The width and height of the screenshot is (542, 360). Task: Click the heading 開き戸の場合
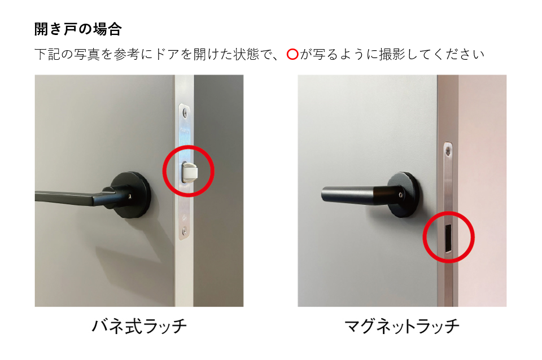tap(78, 29)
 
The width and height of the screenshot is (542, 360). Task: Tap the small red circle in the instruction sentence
tap(292, 54)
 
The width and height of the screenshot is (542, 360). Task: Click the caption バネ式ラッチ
tap(139, 326)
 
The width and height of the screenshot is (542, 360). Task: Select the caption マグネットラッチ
tap(402, 326)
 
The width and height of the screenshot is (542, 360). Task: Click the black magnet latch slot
tap(448, 238)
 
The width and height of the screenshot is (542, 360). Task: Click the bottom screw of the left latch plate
tap(184, 230)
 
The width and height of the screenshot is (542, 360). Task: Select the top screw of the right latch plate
tap(448, 150)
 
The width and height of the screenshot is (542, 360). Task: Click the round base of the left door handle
tap(132, 195)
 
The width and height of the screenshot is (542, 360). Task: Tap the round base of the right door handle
tap(404, 195)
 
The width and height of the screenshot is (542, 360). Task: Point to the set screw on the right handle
tap(400, 195)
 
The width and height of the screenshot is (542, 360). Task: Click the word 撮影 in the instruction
tap(393, 54)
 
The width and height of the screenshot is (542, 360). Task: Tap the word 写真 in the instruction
tap(87, 54)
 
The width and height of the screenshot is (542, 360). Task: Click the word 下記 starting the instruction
tap(47, 54)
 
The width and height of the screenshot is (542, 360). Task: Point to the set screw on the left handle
tap(130, 196)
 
